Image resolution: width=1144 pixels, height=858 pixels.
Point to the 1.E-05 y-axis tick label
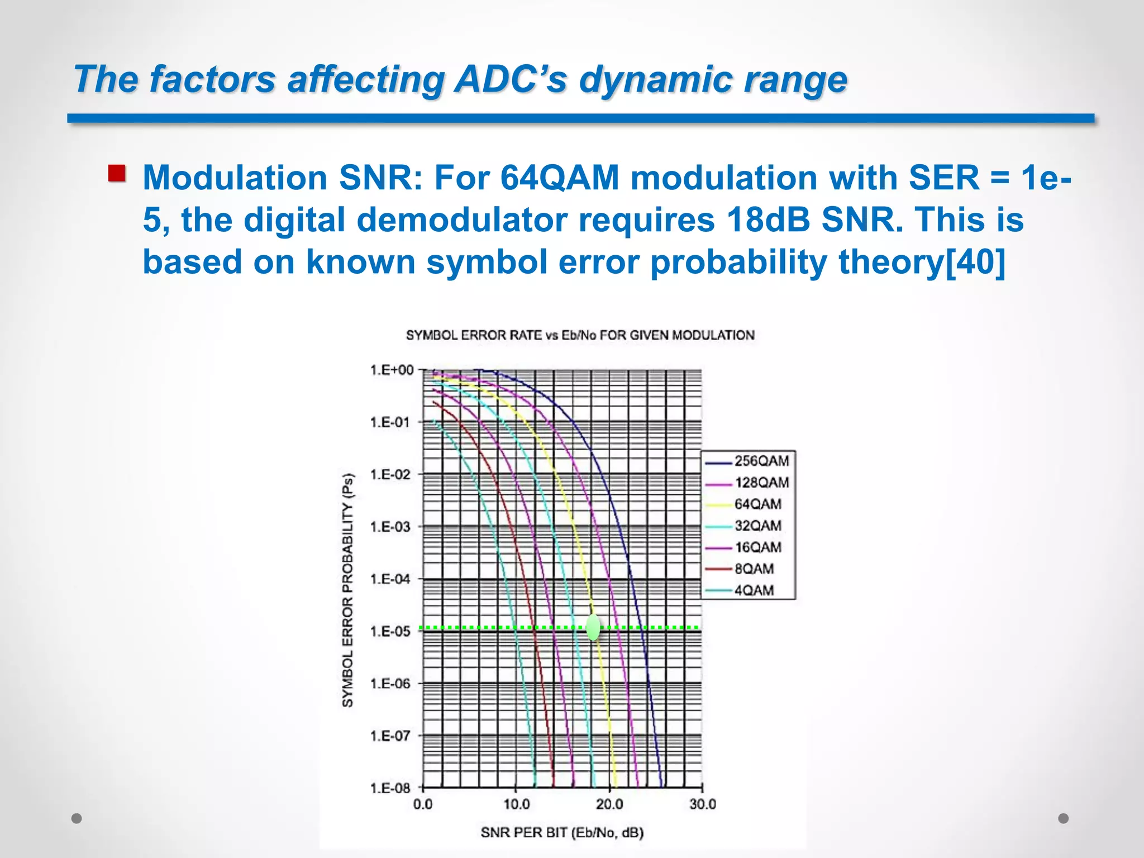pos(390,631)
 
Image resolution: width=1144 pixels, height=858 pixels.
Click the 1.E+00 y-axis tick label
pos(392,370)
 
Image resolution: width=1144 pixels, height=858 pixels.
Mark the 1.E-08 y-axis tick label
pos(390,788)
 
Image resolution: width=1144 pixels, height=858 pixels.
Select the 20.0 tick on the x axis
pos(609,804)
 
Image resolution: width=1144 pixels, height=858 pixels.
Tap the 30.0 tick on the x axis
pos(702,804)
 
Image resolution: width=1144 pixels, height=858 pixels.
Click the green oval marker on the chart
pos(593,627)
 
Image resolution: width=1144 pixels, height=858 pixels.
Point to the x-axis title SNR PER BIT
pos(562,832)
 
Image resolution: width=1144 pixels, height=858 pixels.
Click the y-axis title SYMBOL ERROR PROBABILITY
pos(347,590)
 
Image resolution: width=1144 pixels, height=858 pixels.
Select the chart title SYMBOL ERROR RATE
pos(580,335)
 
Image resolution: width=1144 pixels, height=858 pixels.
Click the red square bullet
pos(117,174)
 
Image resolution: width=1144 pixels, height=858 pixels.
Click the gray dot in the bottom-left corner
pos(77,818)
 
